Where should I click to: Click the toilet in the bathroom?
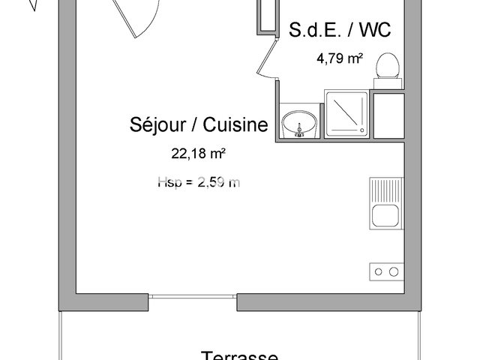388,65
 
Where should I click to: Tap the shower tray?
346,115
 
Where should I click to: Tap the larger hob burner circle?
391,271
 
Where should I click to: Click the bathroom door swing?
266,58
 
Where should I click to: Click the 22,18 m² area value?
199,154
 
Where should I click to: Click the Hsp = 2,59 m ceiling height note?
199,181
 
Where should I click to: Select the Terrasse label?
239,354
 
